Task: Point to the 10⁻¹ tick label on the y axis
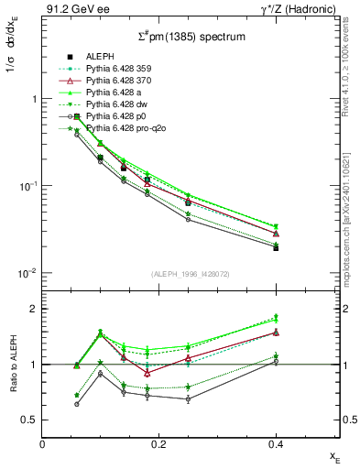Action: coord(27,186)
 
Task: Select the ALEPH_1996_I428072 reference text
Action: coord(190,275)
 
